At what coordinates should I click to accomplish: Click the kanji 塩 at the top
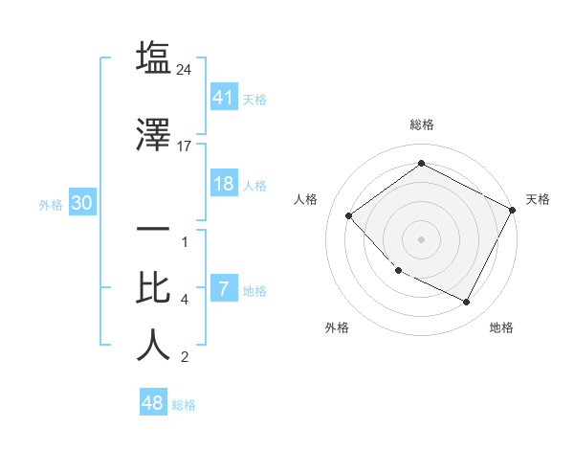(x=153, y=58)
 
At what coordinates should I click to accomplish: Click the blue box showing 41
(x=223, y=97)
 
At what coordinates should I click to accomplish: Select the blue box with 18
(x=223, y=184)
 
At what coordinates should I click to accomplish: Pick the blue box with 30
(x=81, y=203)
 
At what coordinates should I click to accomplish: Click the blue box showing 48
(x=153, y=403)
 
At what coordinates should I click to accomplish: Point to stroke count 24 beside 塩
(x=186, y=70)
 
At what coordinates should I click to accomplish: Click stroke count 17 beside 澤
(x=186, y=146)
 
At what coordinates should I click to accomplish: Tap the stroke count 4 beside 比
(x=185, y=300)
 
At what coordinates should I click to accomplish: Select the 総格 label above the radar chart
(x=421, y=124)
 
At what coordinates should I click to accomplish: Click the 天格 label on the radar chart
(x=538, y=199)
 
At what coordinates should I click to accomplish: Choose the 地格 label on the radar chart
(x=501, y=327)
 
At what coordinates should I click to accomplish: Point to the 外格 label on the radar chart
(x=337, y=327)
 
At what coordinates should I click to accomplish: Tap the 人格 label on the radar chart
(x=305, y=199)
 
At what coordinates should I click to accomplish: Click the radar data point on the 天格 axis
(x=513, y=210)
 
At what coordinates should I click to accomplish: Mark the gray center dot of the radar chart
(x=421, y=239)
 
